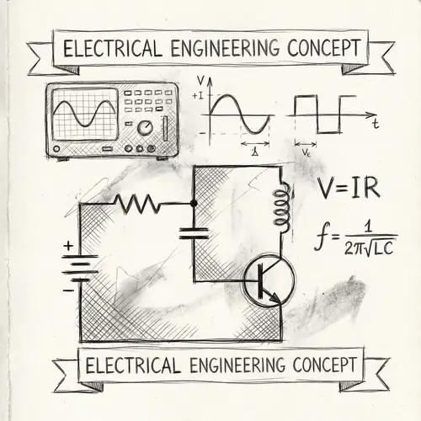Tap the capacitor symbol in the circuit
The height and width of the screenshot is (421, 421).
[x=195, y=231]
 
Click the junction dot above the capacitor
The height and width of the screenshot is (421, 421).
[x=195, y=203]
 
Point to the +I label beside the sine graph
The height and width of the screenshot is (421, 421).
[x=199, y=96]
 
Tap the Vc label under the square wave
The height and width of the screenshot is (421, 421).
[x=306, y=154]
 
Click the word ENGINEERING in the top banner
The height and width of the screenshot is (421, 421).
[x=220, y=47]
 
